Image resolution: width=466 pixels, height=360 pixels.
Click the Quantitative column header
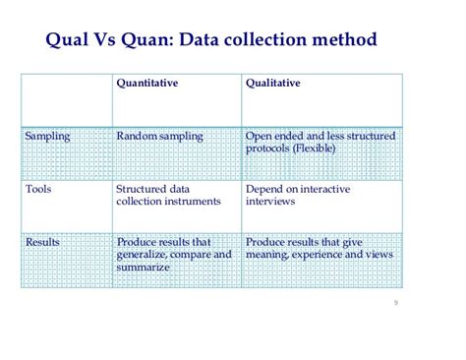(x=146, y=86)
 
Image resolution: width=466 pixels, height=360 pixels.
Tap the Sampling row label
(x=48, y=136)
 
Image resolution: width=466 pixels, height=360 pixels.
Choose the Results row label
(x=44, y=241)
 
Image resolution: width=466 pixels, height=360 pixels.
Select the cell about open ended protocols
(x=320, y=142)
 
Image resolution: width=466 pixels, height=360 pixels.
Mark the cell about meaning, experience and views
(x=319, y=247)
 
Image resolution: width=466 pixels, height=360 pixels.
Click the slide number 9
(x=394, y=303)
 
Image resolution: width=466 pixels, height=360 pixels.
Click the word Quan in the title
(x=148, y=40)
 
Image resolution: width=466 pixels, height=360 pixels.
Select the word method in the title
(x=346, y=40)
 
